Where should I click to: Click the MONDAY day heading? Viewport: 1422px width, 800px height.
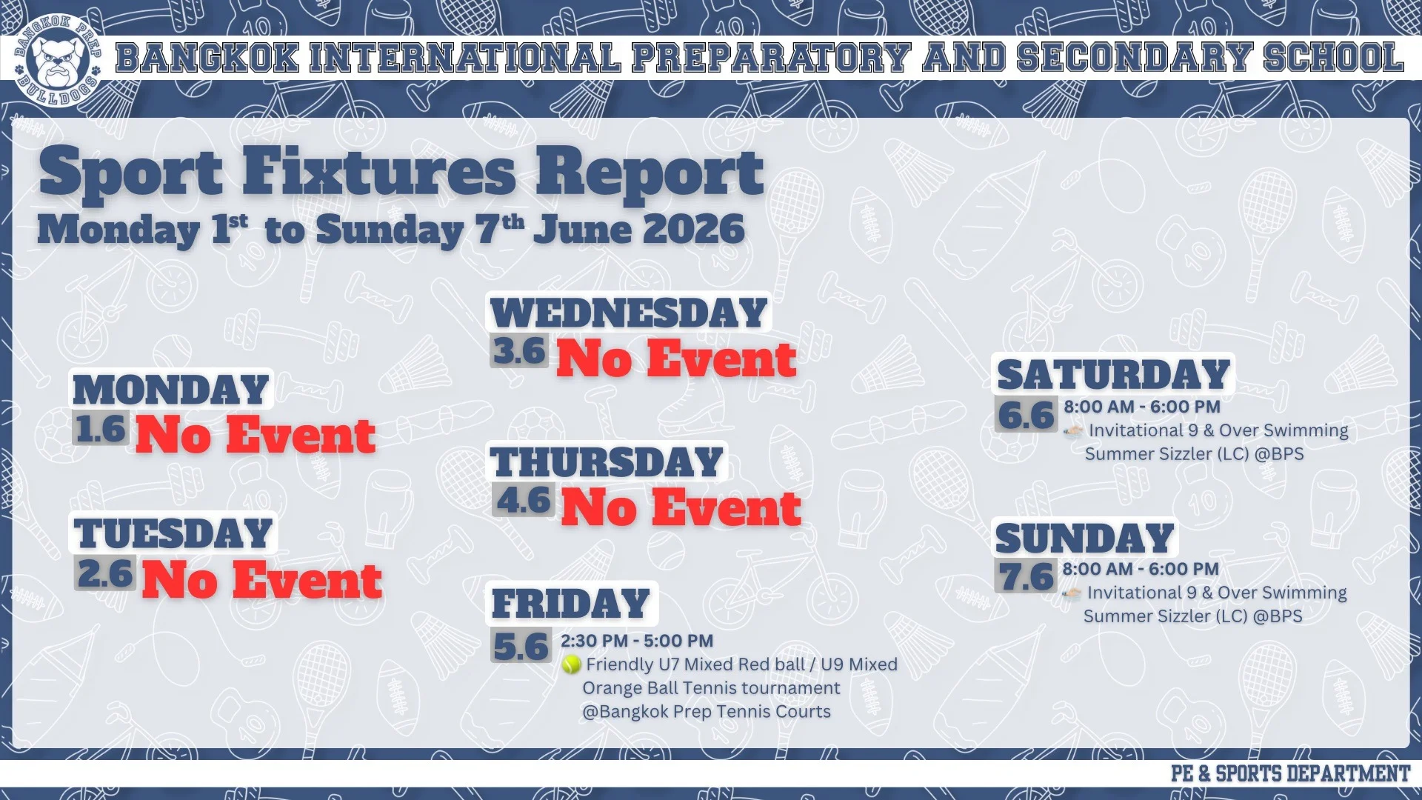(x=171, y=390)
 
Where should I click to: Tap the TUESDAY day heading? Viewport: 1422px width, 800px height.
(x=173, y=533)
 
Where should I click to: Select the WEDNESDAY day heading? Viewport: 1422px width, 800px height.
(x=629, y=313)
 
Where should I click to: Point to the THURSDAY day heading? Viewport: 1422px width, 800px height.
(x=607, y=462)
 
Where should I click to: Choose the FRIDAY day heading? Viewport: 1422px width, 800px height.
(x=571, y=604)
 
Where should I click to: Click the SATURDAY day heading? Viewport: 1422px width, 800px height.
(x=1113, y=374)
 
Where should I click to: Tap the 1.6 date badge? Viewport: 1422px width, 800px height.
(x=101, y=428)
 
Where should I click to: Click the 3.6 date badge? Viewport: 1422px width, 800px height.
(x=519, y=350)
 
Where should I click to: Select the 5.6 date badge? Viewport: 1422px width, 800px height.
(x=521, y=646)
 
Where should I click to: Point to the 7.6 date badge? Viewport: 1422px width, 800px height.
(x=1026, y=576)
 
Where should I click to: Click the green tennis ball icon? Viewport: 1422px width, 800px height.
(x=571, y=664)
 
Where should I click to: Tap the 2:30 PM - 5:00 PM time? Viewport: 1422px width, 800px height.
(x=637, y=641)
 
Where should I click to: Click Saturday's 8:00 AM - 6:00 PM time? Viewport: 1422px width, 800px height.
(x=1142, y=407)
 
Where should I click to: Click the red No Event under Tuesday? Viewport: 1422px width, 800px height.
(x=262, y=579)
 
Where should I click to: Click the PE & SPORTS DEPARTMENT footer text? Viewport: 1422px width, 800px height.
(x=1290, y=773)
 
